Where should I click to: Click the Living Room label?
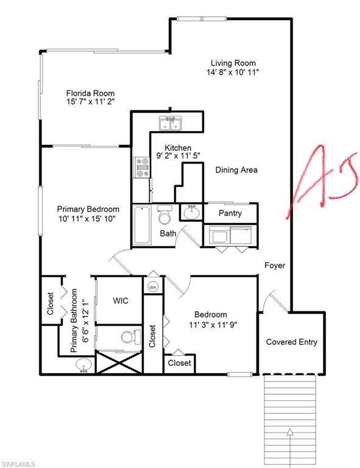[x=233, y=63]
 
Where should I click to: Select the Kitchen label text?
[x=178, y=148]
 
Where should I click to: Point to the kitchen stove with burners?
[x=142, y=167]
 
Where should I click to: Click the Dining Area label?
[x=236, y=170]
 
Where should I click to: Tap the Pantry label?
[x=230, y=213]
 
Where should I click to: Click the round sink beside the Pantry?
[x=191, y=213]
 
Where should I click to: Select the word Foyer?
[x=275, y=266]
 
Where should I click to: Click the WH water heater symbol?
[x=152, y=286]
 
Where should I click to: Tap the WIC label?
[x=120, y=301]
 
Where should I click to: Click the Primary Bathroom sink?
[x=84, y=364]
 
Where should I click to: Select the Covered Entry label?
[x=292, y=342]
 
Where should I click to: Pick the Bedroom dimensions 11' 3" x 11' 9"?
[x=211, y=324]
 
